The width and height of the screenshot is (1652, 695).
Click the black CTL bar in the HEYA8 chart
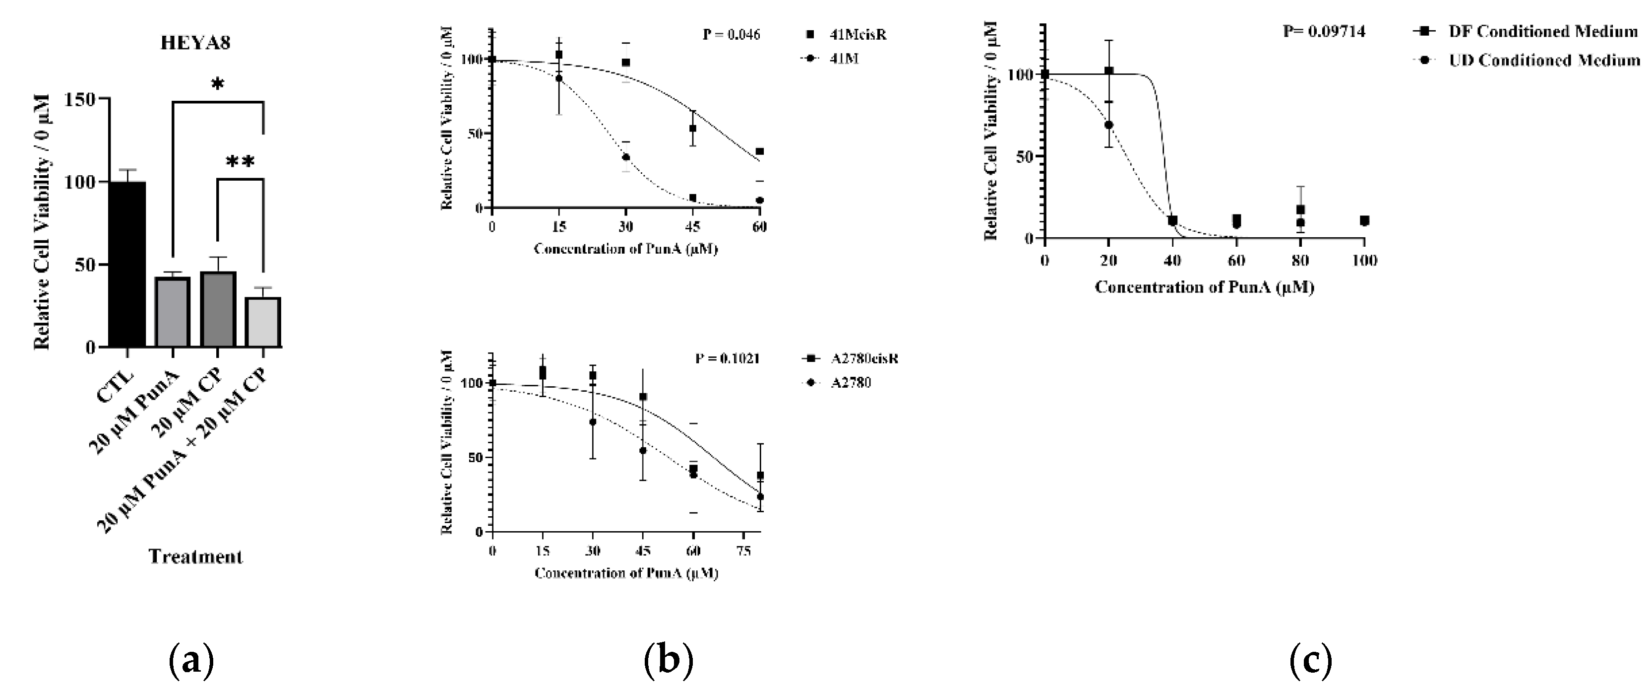coord(127,265)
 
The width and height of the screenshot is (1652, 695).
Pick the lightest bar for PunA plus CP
coord(263,322)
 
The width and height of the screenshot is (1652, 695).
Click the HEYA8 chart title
coord(195,43)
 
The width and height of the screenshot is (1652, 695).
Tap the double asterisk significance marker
coord(241,162)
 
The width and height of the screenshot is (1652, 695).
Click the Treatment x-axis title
coord(195,556)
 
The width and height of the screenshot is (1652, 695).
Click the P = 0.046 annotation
coord(731,35)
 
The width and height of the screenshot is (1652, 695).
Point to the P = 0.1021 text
coord(727,359)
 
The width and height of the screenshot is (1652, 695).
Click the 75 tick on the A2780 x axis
coord(743,551)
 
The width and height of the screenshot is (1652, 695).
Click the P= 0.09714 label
coord(1324,31)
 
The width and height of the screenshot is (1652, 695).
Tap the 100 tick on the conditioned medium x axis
coord(1364,261)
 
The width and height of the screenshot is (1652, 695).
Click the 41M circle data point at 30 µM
coord(626,157)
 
